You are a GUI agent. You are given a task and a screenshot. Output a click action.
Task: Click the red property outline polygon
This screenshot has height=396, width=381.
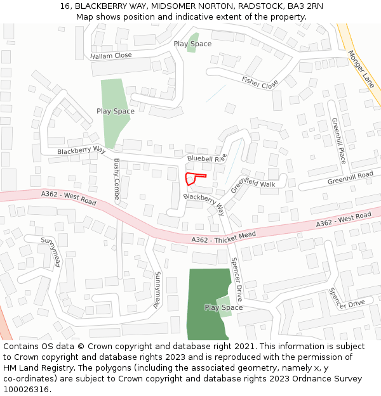[192, 178]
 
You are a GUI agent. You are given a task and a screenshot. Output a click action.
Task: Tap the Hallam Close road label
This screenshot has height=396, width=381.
[111, 56]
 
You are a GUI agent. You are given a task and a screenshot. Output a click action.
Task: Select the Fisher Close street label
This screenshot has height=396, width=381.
[260, 82]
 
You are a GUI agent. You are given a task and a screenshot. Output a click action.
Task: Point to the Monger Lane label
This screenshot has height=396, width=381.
[361, 69]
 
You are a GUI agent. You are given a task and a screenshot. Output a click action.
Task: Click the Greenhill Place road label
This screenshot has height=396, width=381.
[338, 141]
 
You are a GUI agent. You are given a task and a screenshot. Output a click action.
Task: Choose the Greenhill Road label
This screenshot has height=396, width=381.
[350, 178]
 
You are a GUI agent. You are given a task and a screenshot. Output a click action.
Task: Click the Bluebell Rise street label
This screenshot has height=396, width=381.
[206, 157]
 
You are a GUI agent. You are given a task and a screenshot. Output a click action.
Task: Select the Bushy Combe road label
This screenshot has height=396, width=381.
[116, 180]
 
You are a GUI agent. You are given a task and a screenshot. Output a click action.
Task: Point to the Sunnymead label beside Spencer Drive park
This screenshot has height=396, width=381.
[156, 290]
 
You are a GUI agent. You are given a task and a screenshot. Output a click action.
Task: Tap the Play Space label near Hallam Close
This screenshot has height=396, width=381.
[192, 44]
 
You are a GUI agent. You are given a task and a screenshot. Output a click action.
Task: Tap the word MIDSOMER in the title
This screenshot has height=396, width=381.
[173, 6]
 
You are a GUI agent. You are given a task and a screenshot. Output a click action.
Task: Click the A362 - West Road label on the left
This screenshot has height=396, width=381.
[68, 198]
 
